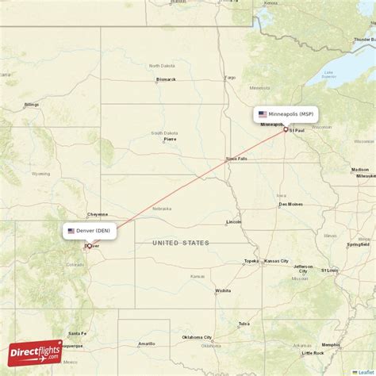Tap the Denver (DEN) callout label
(x=90, y=231)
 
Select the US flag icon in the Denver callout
(x=71, y=231)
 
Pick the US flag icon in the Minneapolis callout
(x=263, y=114)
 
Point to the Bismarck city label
(x=165, y=79)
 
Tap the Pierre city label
(x=170, y=139)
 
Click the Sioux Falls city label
(x=236, y=158)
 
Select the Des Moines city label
(x=290, y=204)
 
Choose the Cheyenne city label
(x=98, y=214)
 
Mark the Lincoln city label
(x=233, y=221)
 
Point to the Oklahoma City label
(x=197, y=337)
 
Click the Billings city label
(x=31, y=104)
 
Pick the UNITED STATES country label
(x=182, y=242)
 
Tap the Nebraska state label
(x=162, y=209)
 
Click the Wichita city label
(x=222, y=291)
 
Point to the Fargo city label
(x=230, y=78)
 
